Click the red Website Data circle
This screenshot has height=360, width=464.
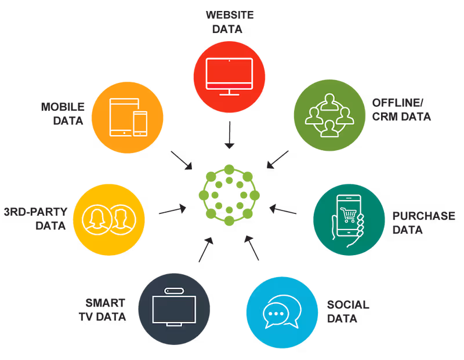tap(229, 77)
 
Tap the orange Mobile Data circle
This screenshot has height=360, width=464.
tap(127, 118)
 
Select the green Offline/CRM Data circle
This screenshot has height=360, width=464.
tap(329, 115)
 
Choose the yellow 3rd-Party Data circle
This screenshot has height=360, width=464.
tap(109, 220)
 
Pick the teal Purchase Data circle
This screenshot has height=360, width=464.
tap(349, 220)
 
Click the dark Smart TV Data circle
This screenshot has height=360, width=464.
tap(174, 309)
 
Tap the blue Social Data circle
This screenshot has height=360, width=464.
tap(282, 312)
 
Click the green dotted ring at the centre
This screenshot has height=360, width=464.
tap(229, 170)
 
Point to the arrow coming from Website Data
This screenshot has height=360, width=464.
tap(229, 135)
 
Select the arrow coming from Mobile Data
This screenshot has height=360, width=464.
tap(182, 161)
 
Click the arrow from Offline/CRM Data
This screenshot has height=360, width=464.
tap(278, 159)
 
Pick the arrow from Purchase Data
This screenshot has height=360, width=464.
tap(283, 209)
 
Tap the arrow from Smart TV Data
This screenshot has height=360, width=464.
tap(206, 249)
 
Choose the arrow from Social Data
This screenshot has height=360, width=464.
tap(252, 248)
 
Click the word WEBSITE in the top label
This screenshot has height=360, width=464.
tap(230, 15)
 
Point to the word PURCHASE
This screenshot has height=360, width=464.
tap(424, 216)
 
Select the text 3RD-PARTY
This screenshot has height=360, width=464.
tap(35, 212)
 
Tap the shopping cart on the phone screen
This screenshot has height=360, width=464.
tap(349, 214)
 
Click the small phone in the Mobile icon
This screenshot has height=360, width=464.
tap(140, 123)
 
